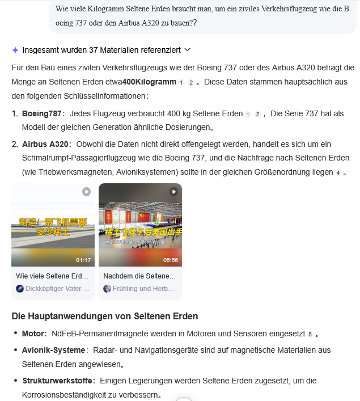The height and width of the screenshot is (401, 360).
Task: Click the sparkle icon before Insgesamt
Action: coord(15,50)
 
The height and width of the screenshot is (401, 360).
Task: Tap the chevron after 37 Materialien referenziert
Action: coord(188,50)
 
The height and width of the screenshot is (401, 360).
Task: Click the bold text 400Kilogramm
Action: coord(149,82)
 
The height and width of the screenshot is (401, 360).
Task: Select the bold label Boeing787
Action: coord(41,113)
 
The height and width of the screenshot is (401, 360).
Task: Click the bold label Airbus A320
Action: coord(45,144)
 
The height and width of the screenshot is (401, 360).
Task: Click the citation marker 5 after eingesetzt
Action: coord(310,334)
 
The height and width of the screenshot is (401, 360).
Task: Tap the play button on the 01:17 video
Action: coord(86,192)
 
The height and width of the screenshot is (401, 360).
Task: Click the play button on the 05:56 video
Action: coord(173,192)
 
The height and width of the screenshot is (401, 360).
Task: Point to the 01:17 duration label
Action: coord(83,260)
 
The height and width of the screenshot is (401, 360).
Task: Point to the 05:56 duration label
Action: coord(171,260)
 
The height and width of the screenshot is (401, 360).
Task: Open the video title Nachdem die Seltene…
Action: coord(139,276)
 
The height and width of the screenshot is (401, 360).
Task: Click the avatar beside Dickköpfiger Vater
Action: coord(20,288)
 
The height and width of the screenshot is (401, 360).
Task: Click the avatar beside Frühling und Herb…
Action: coord(107,288)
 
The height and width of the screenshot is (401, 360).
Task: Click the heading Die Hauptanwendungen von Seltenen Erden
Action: coord(104,316)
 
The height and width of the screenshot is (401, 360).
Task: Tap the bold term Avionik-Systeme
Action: coord(53,350)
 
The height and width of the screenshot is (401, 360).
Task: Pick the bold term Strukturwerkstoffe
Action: coord(57,380)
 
